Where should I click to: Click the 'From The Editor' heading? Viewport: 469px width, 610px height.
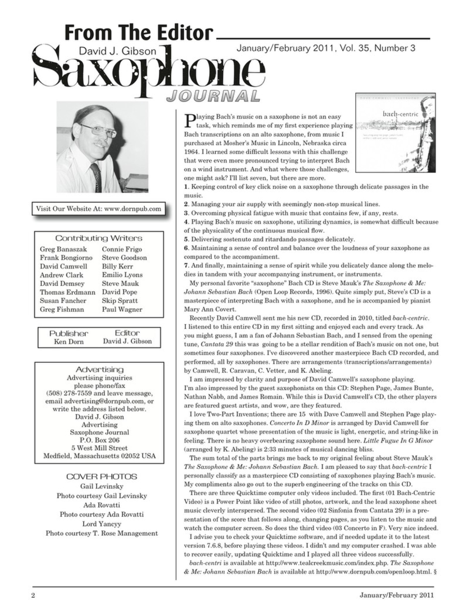pos(139,33)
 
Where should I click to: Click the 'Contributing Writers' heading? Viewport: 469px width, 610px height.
pos(99,238)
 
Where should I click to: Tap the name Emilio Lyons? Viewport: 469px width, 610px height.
pos(122,275)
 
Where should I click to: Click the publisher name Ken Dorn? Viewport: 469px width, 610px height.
pos(69,342)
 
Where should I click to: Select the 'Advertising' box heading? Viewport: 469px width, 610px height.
pos(99,370)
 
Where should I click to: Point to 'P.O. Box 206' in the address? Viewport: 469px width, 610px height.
pos(99,440)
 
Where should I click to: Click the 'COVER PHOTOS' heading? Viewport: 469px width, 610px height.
pos(102,476)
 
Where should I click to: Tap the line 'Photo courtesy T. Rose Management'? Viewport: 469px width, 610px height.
pos(102,533)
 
